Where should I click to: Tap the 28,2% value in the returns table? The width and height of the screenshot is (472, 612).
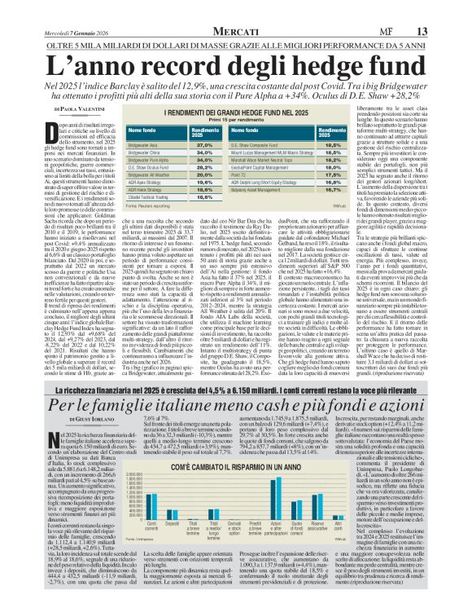(182, 144)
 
